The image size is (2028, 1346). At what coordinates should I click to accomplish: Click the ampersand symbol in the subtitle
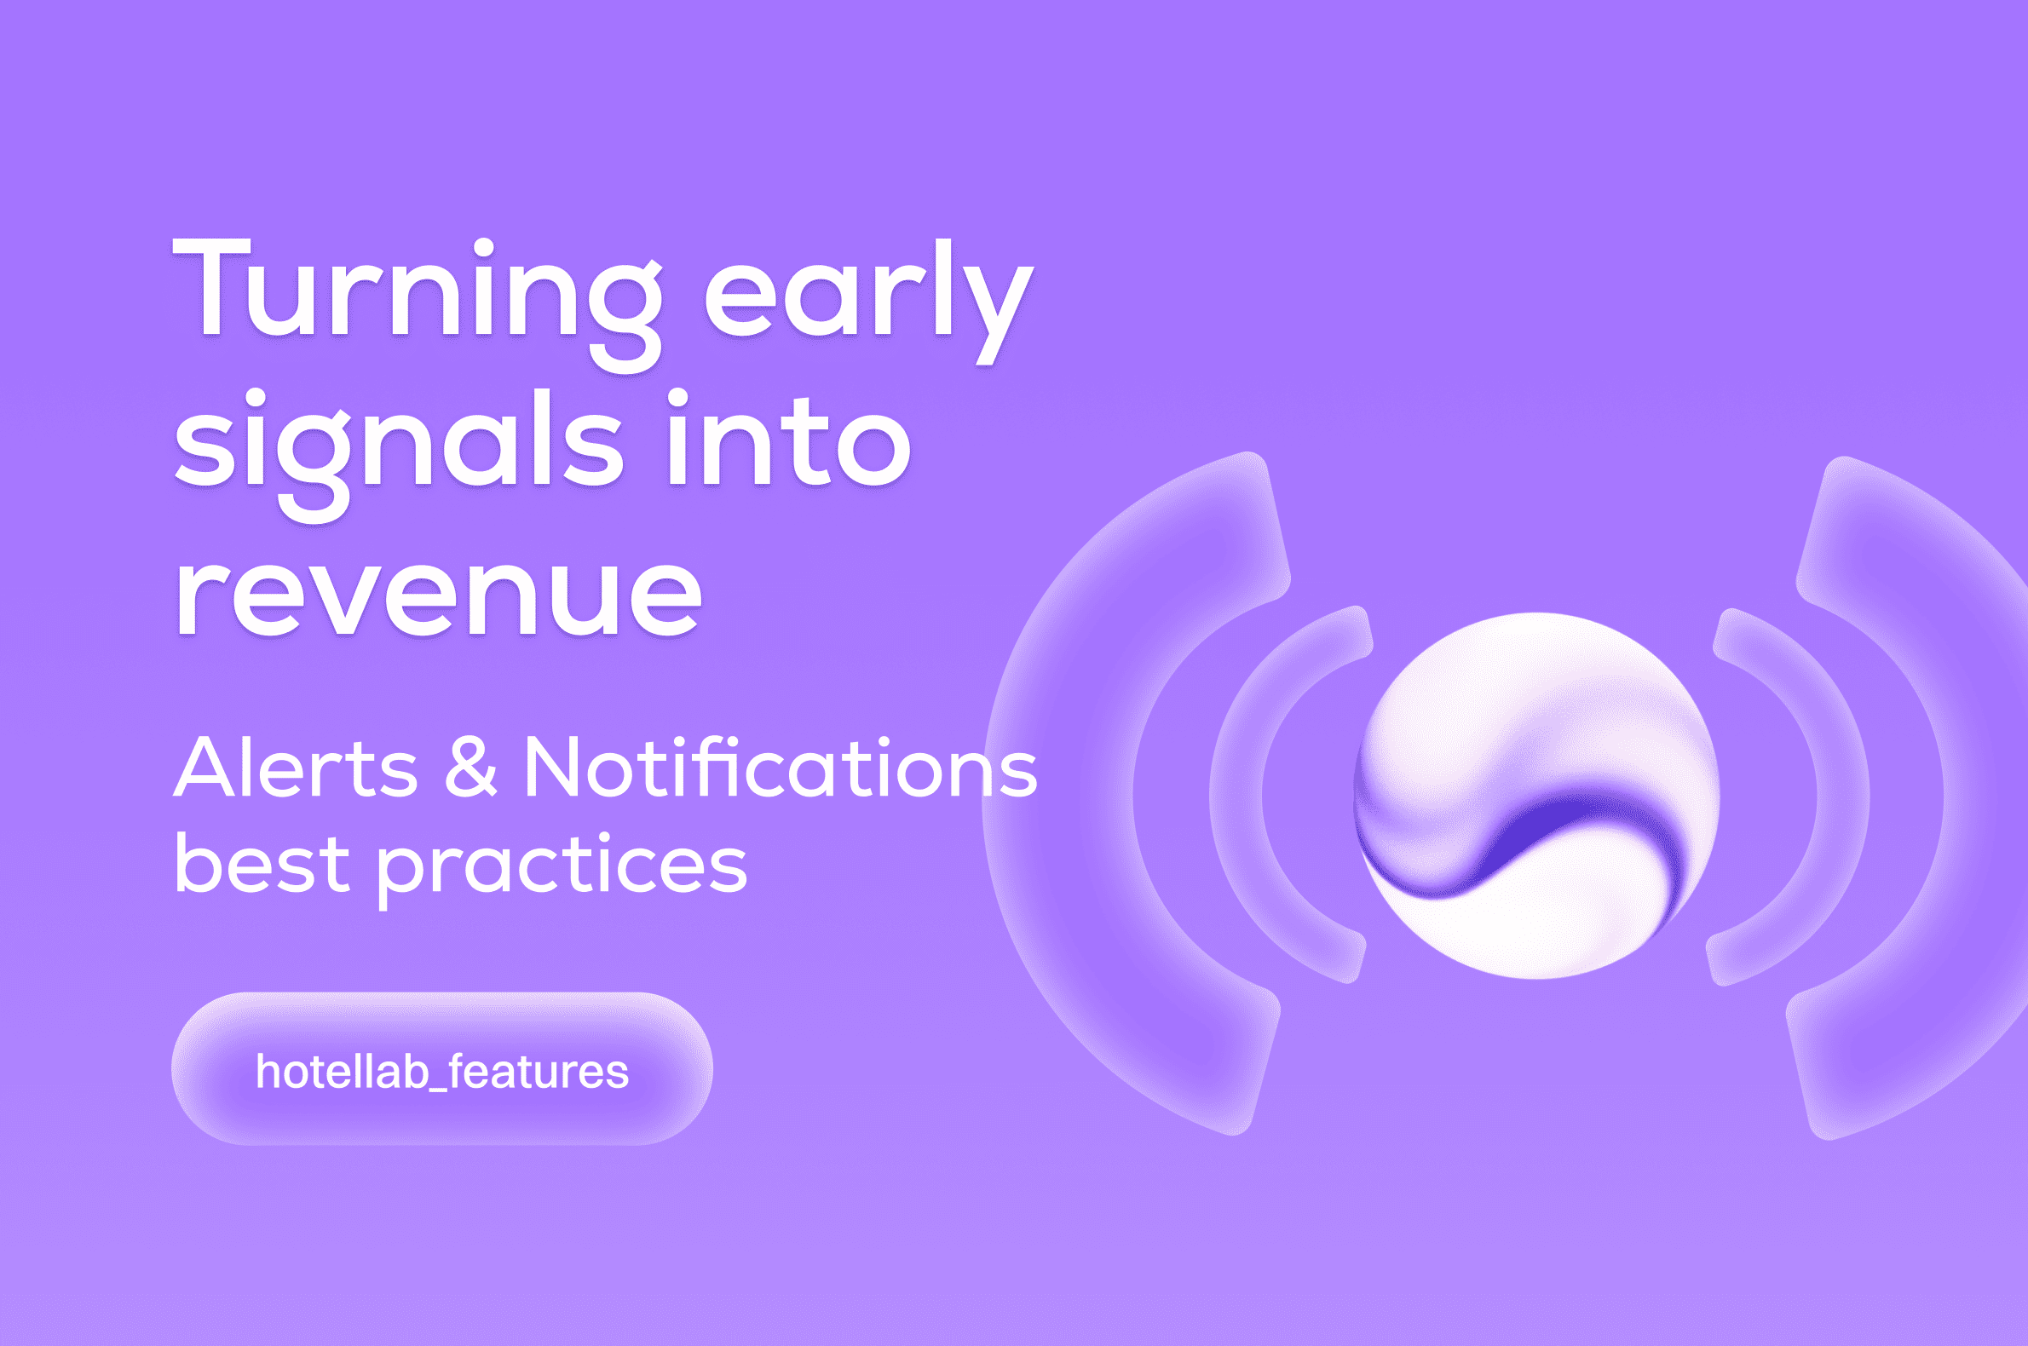tap(470, 767)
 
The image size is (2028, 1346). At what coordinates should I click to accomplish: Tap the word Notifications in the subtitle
tap(780, 767)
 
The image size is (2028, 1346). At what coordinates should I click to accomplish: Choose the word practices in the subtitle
tap(562, 867)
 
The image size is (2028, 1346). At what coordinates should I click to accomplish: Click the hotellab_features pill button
tap(441, 1070)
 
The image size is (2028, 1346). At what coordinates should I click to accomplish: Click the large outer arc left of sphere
tap(1064, 794)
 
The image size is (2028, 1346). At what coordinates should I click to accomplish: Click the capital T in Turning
tap(210, 288)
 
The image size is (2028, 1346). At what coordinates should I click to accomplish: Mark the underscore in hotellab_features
tap(438, 1090)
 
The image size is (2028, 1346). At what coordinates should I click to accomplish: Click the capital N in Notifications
tap(554, 767)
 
